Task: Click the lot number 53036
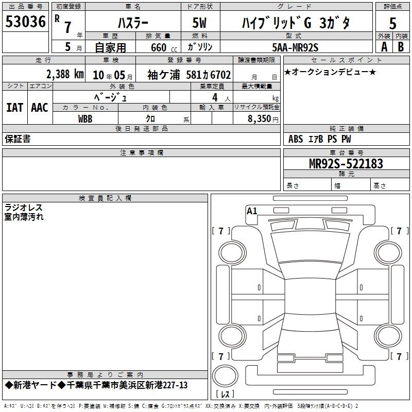[25, 22]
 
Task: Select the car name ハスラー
[133, 23]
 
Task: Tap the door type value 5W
[199, 23]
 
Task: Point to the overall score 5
[392, 23]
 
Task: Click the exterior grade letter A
[384, 47]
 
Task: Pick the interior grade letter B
[401, 47]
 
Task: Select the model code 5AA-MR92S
[295, 47]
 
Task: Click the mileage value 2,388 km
[65, 74]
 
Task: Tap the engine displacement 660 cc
[164, 48]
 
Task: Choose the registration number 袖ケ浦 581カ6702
[189, 75]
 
